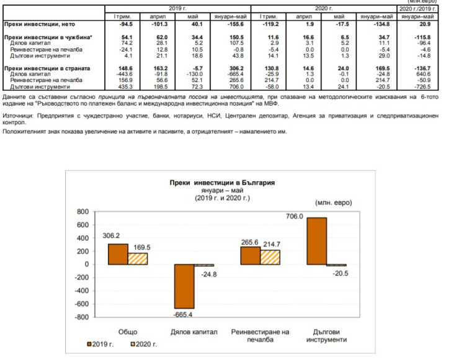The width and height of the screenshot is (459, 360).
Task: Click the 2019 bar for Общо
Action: point(118,254)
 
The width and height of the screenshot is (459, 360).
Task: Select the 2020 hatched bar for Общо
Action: point(138,258)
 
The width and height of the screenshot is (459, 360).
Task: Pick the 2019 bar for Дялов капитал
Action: point(185,286)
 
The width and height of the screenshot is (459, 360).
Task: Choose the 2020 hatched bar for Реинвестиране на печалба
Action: point(270,257)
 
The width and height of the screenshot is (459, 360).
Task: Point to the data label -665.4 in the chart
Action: point(182,315)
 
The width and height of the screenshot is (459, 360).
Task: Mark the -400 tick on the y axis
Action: point(80,290)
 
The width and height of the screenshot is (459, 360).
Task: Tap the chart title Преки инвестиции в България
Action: point(222,184)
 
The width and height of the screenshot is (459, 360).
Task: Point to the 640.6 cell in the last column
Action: point(424,73)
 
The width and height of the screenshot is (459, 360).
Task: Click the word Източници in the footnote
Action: point(18,116)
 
